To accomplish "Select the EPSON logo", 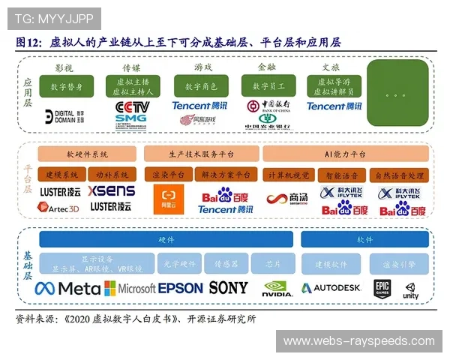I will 181,288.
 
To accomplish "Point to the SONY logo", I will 228,287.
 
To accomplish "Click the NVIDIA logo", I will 277,289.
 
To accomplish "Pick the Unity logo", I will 411,289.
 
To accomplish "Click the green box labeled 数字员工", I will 266,86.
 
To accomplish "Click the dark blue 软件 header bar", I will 364,240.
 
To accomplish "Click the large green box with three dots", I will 397,95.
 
